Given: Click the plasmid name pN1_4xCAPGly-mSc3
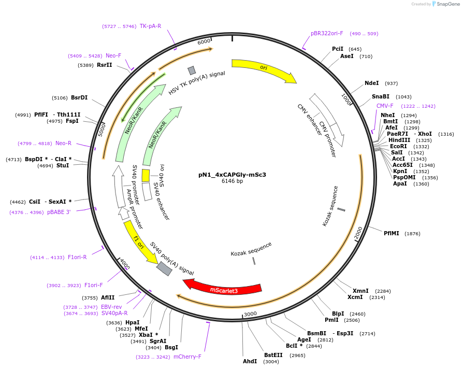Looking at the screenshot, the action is coord(232,175).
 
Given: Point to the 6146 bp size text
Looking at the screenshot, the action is coord(232,181).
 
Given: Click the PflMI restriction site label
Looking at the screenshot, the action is coord(391,233).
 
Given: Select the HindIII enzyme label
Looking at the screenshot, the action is coord(399,140).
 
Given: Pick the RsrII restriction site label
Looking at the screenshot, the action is coord(104,65).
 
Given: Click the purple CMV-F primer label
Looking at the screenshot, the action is coord(385,106).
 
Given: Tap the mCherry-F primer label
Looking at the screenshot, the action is coord(187,357).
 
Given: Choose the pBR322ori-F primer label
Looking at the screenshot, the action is coord(327,33).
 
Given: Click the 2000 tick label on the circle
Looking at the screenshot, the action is coord(358,233).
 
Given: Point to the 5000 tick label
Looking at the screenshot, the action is coord(101,130).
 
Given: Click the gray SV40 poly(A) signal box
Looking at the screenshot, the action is coord(164,268).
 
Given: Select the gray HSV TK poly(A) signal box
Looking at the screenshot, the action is coord(192,70).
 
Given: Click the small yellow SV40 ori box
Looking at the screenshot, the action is coord(146,176).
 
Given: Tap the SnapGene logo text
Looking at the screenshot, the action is coord(448,4).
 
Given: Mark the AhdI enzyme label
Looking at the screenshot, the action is coord(250,361).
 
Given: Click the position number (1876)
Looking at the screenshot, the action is coord(412,234).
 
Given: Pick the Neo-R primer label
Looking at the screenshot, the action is coord(63,143).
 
